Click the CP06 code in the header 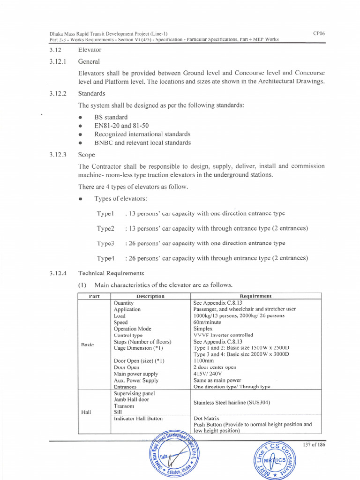point(319,33)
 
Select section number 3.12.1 point(59,61)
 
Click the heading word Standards point(91,93)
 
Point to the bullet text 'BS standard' point(111,117)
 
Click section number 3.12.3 point(59,154)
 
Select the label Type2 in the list point(105,228)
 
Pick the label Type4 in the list point(105,258)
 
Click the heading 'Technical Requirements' point(111,273)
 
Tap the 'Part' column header point(94,296)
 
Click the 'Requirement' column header point(255,296)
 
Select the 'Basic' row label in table point(88,345)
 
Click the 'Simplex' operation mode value point(204,329)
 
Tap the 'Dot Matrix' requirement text point(206,418)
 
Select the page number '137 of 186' point(314,445)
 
